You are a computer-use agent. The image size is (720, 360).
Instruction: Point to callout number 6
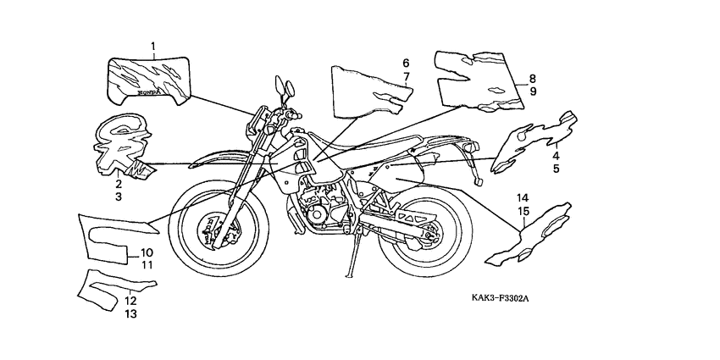[x=405, y=64]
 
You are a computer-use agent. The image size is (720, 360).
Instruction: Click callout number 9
[x=533, y=91]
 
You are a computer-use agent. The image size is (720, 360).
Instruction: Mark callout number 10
[x=146, y=252]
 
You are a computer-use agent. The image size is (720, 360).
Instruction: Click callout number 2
[x=119, y=183]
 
